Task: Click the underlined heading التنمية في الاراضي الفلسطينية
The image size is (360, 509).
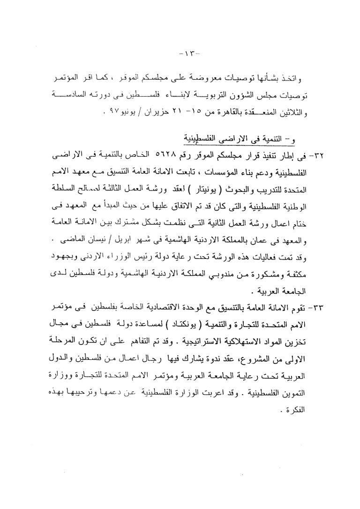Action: click(x=244, y=139)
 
